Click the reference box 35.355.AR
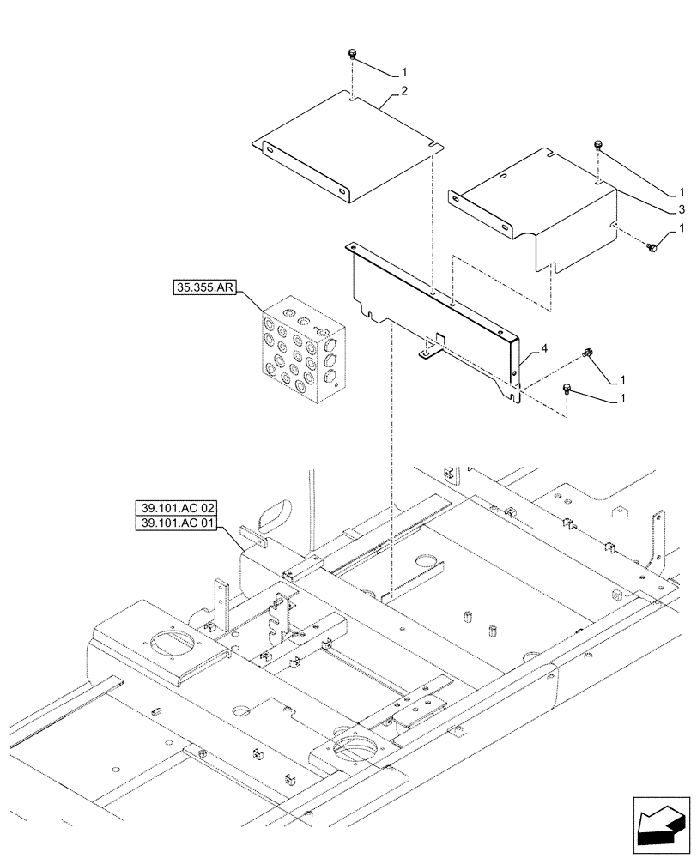(x=204, y=288)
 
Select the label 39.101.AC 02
(x=177, y=507)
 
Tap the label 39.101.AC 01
(x=177, y=523)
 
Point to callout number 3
(x=681, y=208)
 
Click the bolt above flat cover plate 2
(x=352, y=55)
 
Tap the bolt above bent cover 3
(x=597, y=147)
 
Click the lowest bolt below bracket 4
(x=567, y=390)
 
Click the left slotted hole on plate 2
(x=269, y=151)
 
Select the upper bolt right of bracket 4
(x=589, y=352)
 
